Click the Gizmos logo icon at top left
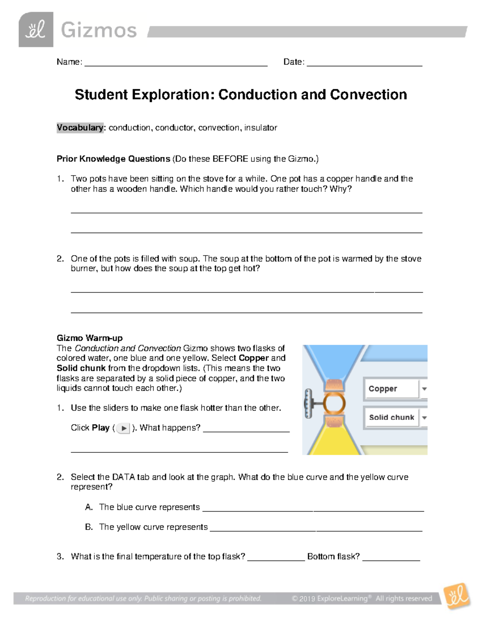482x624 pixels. pyautogui.click(x=36, y=30)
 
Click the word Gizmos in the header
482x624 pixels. pyautogui.click(x=99, y=31)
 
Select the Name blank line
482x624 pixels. pyautogui.click(x=176, y=63)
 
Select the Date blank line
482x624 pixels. pyautogui.click(x=364, y=63)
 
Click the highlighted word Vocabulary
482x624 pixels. pyautogui.click(x=80, y=128)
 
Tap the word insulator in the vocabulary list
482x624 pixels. pyautogui.click(x=261, y=128)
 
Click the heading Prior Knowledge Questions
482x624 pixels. pyautogui.click(x=113, y=159)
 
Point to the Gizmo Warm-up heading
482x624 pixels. pyautogui.click(x=90, y=338)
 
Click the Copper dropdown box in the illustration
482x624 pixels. pyautogui.click(x=391, y=389)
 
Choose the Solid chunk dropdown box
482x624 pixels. pyautogui.click(x=391, y=417)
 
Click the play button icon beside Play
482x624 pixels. pyautogui.click(x=124, y=428)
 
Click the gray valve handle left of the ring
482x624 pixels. pyautogui.click(x=308, y=403)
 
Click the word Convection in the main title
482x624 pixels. pyautogui.click(x=368, y=95)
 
